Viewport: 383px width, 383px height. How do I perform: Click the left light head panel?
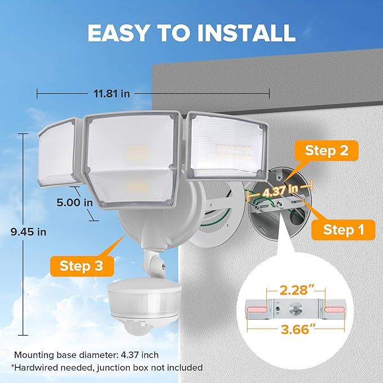pyautogui.click(x=56, y=152)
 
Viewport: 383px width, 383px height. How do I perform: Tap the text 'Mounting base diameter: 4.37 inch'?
pyautogui.click(x=86, y=355)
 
